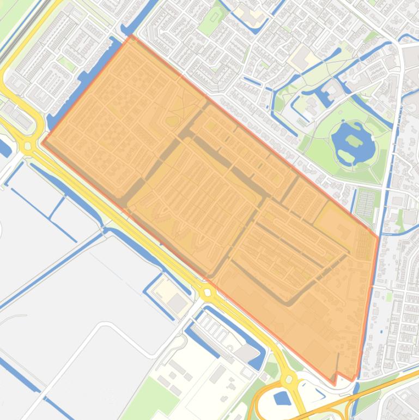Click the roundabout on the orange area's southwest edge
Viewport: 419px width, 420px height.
click(x=208, y=293)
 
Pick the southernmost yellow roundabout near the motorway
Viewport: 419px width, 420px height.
click(x=288, y=379)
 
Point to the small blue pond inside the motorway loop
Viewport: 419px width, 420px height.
click(x=282, y=398)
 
